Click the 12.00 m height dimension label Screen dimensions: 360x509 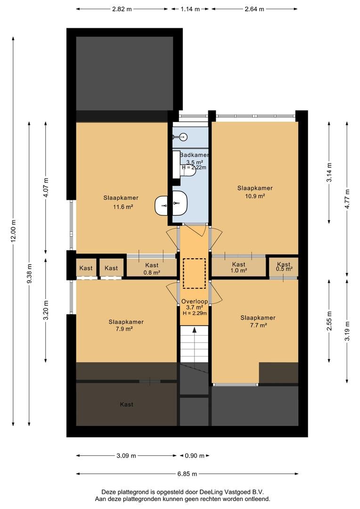[x=13, y=231]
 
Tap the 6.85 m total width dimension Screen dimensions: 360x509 [x=187, y=474]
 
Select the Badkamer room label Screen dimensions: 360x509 [x=194, y=155]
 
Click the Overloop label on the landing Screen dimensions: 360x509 [x=195, y=302]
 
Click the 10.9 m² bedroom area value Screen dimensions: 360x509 [x=255, y=196]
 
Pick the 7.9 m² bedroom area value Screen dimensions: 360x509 [x=126, y=329]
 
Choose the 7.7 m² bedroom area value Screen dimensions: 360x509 [x=258, y=325]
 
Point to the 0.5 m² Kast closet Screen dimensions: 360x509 [x=284, y=266]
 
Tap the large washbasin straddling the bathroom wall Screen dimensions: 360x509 [x=172, y=203]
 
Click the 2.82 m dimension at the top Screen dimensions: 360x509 [x=122, y=9]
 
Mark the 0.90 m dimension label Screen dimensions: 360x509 [x=195, y=456]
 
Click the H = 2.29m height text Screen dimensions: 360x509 [x=195, y=313]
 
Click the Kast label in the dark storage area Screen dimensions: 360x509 [x=127, y=404]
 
